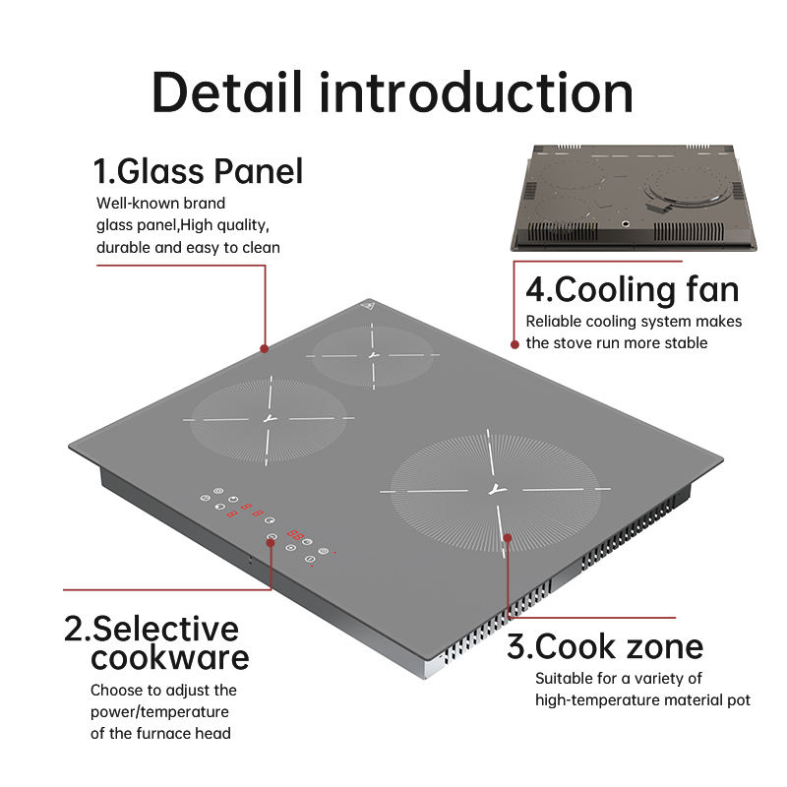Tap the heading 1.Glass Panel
[x=198, y=171]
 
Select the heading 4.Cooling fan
[x=632, y=290]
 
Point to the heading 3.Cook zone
[x=605, y=646]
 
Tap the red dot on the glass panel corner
[x=264, y=348]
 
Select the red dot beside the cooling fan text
[x=515, y=344]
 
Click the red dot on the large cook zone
[x=508, y=537]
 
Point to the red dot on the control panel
[x=272, y=537]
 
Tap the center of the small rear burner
[x=372, y=354]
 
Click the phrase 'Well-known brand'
[x=160, y=204]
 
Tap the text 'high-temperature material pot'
[x=642, y=699]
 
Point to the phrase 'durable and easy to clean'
[x=188, y=247]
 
